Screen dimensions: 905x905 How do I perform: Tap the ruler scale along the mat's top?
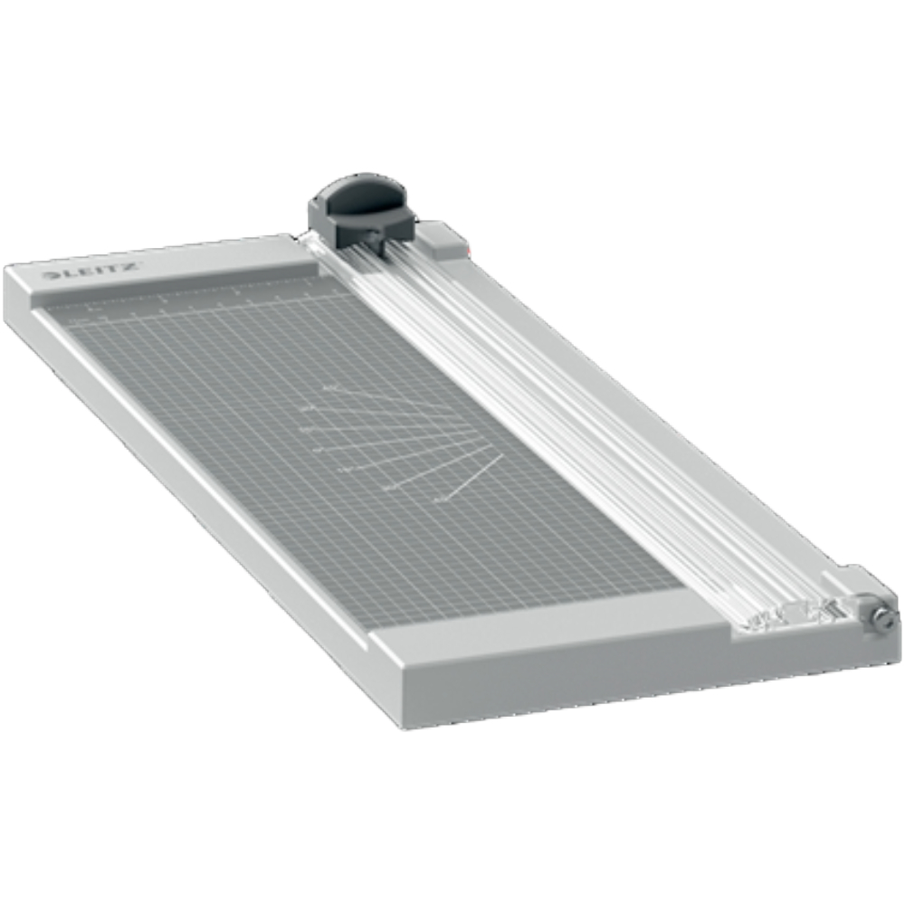[199, 297]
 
